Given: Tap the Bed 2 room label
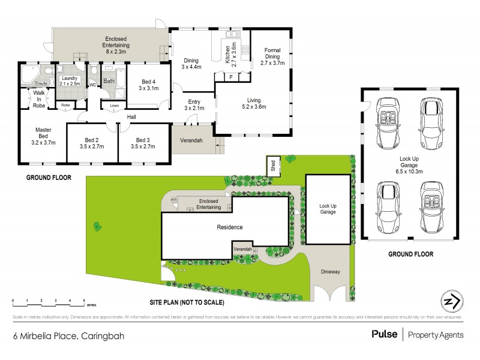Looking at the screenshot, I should pos(92,142).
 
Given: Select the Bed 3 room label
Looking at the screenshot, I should pos(143,142).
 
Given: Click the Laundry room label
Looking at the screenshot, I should pos(70,80).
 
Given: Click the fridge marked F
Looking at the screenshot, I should pos(231,77).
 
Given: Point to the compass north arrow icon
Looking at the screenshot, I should pos(451,300).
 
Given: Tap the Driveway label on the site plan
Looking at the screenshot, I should pos(329,272).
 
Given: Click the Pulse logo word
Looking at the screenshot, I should pos(384,335).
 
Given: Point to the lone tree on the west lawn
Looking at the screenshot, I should pos(97,226).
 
